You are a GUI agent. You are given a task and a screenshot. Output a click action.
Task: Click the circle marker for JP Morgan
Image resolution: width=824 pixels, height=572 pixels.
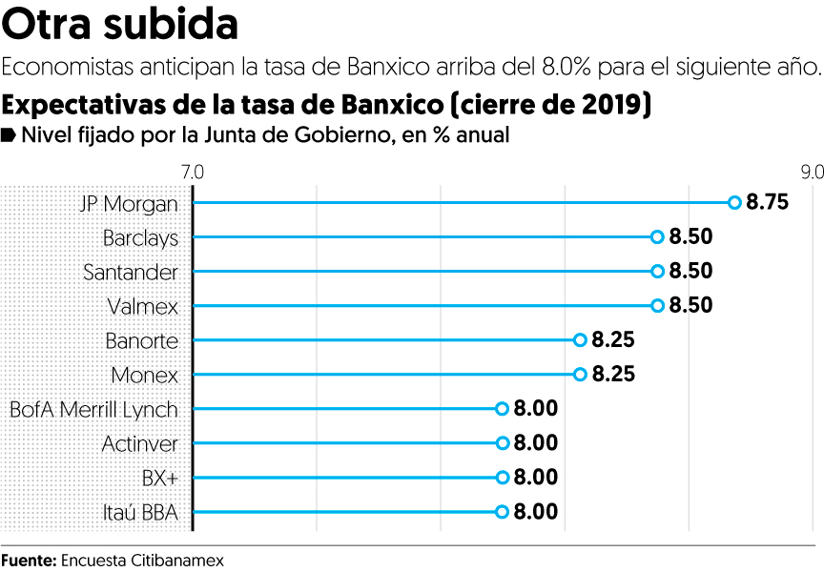[734, 202]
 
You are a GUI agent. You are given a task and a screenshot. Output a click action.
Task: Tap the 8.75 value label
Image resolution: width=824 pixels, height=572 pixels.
[768, 202]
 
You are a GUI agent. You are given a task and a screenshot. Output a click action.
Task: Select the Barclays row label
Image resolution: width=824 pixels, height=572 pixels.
[140, 237]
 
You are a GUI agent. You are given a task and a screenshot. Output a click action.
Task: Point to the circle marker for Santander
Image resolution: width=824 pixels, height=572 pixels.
[657, 272]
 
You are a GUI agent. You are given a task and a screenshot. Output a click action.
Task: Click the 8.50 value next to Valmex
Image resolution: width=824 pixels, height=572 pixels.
[690, 306]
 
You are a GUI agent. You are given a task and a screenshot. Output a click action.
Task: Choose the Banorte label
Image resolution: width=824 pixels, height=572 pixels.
[143, 340]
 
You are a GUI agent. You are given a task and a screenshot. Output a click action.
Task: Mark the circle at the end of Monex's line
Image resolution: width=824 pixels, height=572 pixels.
[580, 375]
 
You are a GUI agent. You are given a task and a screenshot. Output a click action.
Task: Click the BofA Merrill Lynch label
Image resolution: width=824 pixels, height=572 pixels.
[93, 409]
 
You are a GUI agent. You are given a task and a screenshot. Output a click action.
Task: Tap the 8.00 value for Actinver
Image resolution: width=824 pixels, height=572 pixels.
[535, 443]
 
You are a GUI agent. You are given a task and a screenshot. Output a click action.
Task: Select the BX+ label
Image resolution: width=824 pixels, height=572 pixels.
[159, 478]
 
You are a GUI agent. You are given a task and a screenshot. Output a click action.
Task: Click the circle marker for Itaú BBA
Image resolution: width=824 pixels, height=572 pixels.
[503, 512]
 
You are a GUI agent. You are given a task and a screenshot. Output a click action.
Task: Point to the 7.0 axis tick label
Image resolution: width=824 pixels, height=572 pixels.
[192, 173]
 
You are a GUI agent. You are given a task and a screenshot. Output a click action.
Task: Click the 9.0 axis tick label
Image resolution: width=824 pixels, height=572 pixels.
[812, 173]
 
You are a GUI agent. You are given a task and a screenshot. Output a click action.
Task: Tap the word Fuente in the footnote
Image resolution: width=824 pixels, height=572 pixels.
[29, 561]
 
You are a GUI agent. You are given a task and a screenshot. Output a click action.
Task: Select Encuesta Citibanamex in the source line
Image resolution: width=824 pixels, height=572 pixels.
[142, 561]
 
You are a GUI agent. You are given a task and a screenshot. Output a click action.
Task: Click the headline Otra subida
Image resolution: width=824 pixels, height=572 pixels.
[120, 25]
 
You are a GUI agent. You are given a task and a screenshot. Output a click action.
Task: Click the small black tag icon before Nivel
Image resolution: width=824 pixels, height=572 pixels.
[9, 134]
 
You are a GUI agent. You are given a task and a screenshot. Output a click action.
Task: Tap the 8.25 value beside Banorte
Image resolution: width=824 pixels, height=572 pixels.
[613, 340]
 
